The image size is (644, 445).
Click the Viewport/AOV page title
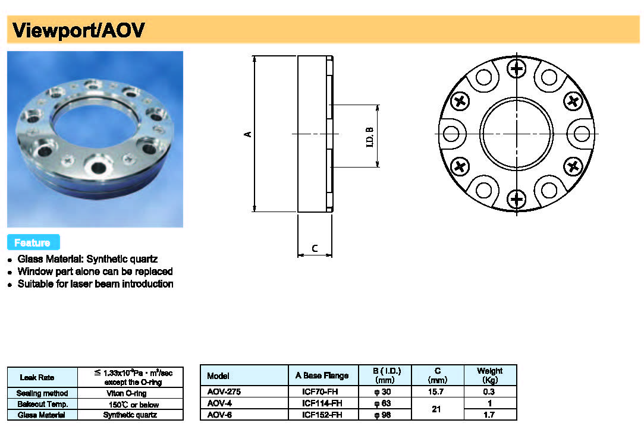(78, 30)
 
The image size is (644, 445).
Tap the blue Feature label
(32, 242)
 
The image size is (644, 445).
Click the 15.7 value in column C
(437, 392)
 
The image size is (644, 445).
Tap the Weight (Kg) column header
(489, 375)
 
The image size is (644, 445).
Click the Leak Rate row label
(37, 377)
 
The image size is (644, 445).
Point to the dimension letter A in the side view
(249, 134)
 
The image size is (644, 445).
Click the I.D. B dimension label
(369, 137)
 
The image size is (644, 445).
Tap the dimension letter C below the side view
(315, 248)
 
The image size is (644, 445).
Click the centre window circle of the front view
(517, 134)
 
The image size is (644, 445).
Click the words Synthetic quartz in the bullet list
(122, 259)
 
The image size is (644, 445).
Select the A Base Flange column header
(322, 375)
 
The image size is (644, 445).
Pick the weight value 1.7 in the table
(489, 415)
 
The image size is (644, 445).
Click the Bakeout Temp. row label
(42, 404)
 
